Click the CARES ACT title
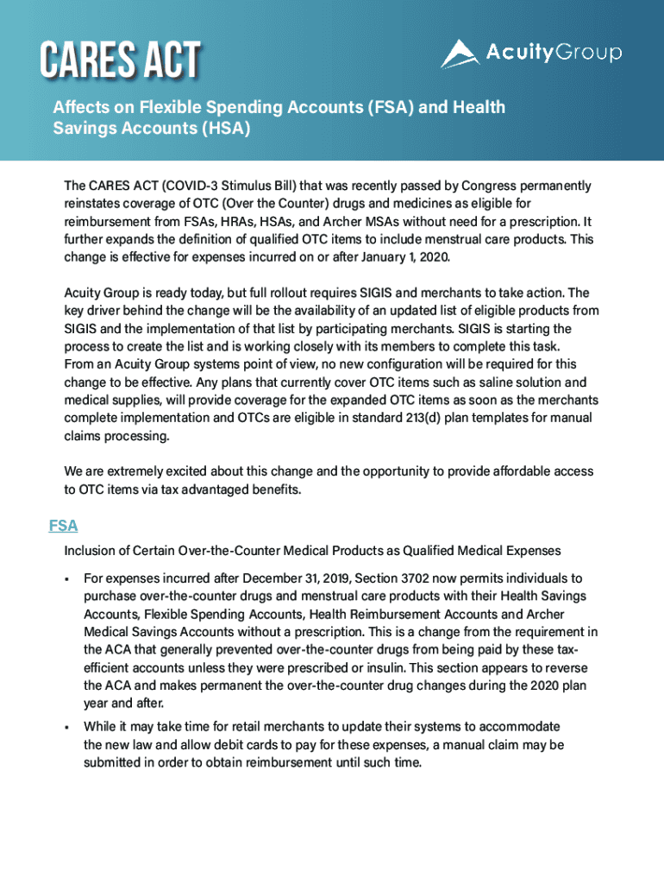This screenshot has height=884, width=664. click(120, 60)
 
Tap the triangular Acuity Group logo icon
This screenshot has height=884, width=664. click(459, 54)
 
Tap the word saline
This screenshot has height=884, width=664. click(474, 382)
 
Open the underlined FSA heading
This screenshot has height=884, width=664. click(63, 526)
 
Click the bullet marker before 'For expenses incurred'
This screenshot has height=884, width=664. click(66, 578)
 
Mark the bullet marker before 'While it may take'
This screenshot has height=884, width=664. click(66, 727)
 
